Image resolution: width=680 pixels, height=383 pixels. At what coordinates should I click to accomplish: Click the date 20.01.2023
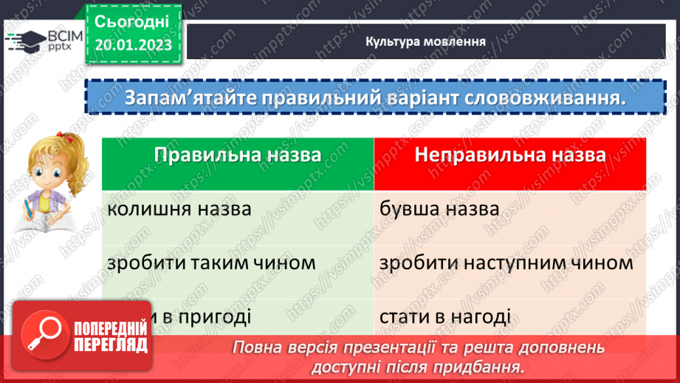133,44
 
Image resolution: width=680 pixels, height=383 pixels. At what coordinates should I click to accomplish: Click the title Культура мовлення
425,41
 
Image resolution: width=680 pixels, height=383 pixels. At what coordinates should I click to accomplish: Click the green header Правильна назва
238,155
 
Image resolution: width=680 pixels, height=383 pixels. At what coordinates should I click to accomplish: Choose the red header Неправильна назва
510,155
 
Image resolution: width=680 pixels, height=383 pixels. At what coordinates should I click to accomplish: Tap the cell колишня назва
179,209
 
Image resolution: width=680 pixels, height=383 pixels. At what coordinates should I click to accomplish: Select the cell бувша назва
439,209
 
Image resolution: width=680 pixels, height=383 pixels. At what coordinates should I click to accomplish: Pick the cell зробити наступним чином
506,262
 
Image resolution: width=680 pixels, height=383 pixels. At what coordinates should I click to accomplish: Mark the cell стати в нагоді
444,317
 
